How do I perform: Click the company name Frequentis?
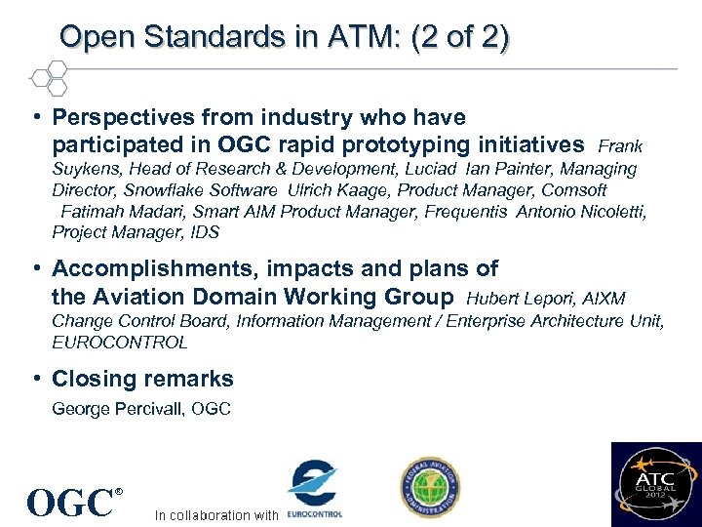point(466,211)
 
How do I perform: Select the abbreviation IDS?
point(206,232)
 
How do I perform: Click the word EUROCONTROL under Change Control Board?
point(120,342)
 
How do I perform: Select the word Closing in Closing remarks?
point(92,379)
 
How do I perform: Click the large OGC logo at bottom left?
point(72,502)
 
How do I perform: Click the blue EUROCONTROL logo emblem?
point(313,484)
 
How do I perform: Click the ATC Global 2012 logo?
point(655,485)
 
